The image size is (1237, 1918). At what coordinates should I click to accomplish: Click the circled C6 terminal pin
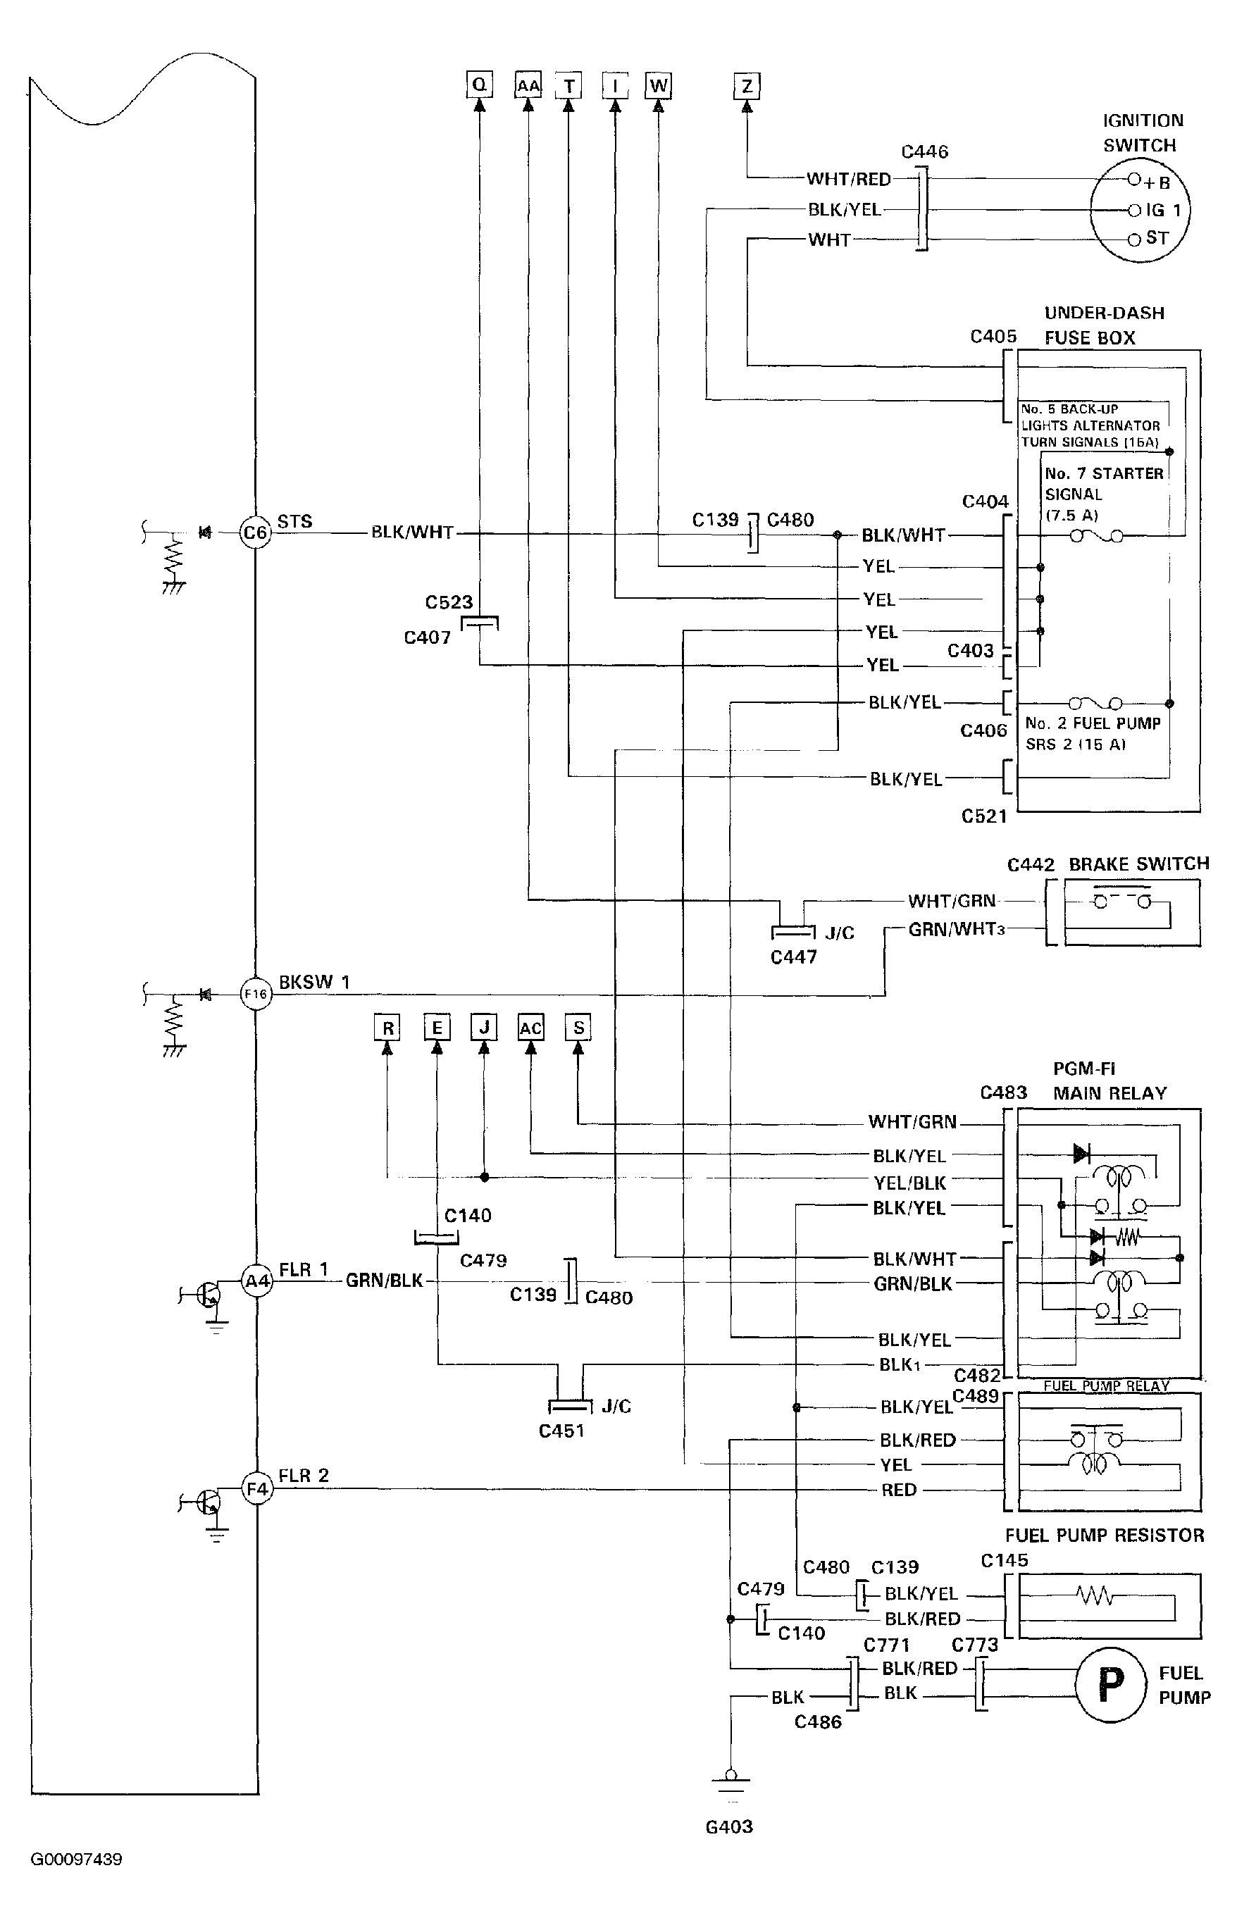256,533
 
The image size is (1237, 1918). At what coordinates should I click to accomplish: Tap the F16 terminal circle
256,995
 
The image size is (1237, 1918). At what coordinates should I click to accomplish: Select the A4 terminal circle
257,1281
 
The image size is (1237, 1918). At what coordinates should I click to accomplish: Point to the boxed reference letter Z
747,86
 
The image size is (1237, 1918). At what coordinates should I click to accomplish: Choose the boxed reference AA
528,86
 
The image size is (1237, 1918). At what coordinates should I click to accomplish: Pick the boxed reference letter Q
480,85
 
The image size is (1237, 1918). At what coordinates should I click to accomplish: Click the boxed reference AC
531,1028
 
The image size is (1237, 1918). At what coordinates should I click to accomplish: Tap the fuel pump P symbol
1111,1684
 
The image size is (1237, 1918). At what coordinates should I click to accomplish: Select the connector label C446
924,152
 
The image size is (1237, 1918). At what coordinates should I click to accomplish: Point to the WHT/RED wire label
849,179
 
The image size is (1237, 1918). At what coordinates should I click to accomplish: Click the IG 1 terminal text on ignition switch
1163,211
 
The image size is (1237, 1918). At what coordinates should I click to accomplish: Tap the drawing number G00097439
76,1860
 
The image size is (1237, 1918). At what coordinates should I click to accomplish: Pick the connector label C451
561,1431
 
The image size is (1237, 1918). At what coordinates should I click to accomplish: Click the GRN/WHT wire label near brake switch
952,929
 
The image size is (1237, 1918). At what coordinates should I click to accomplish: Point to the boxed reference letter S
578,1028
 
